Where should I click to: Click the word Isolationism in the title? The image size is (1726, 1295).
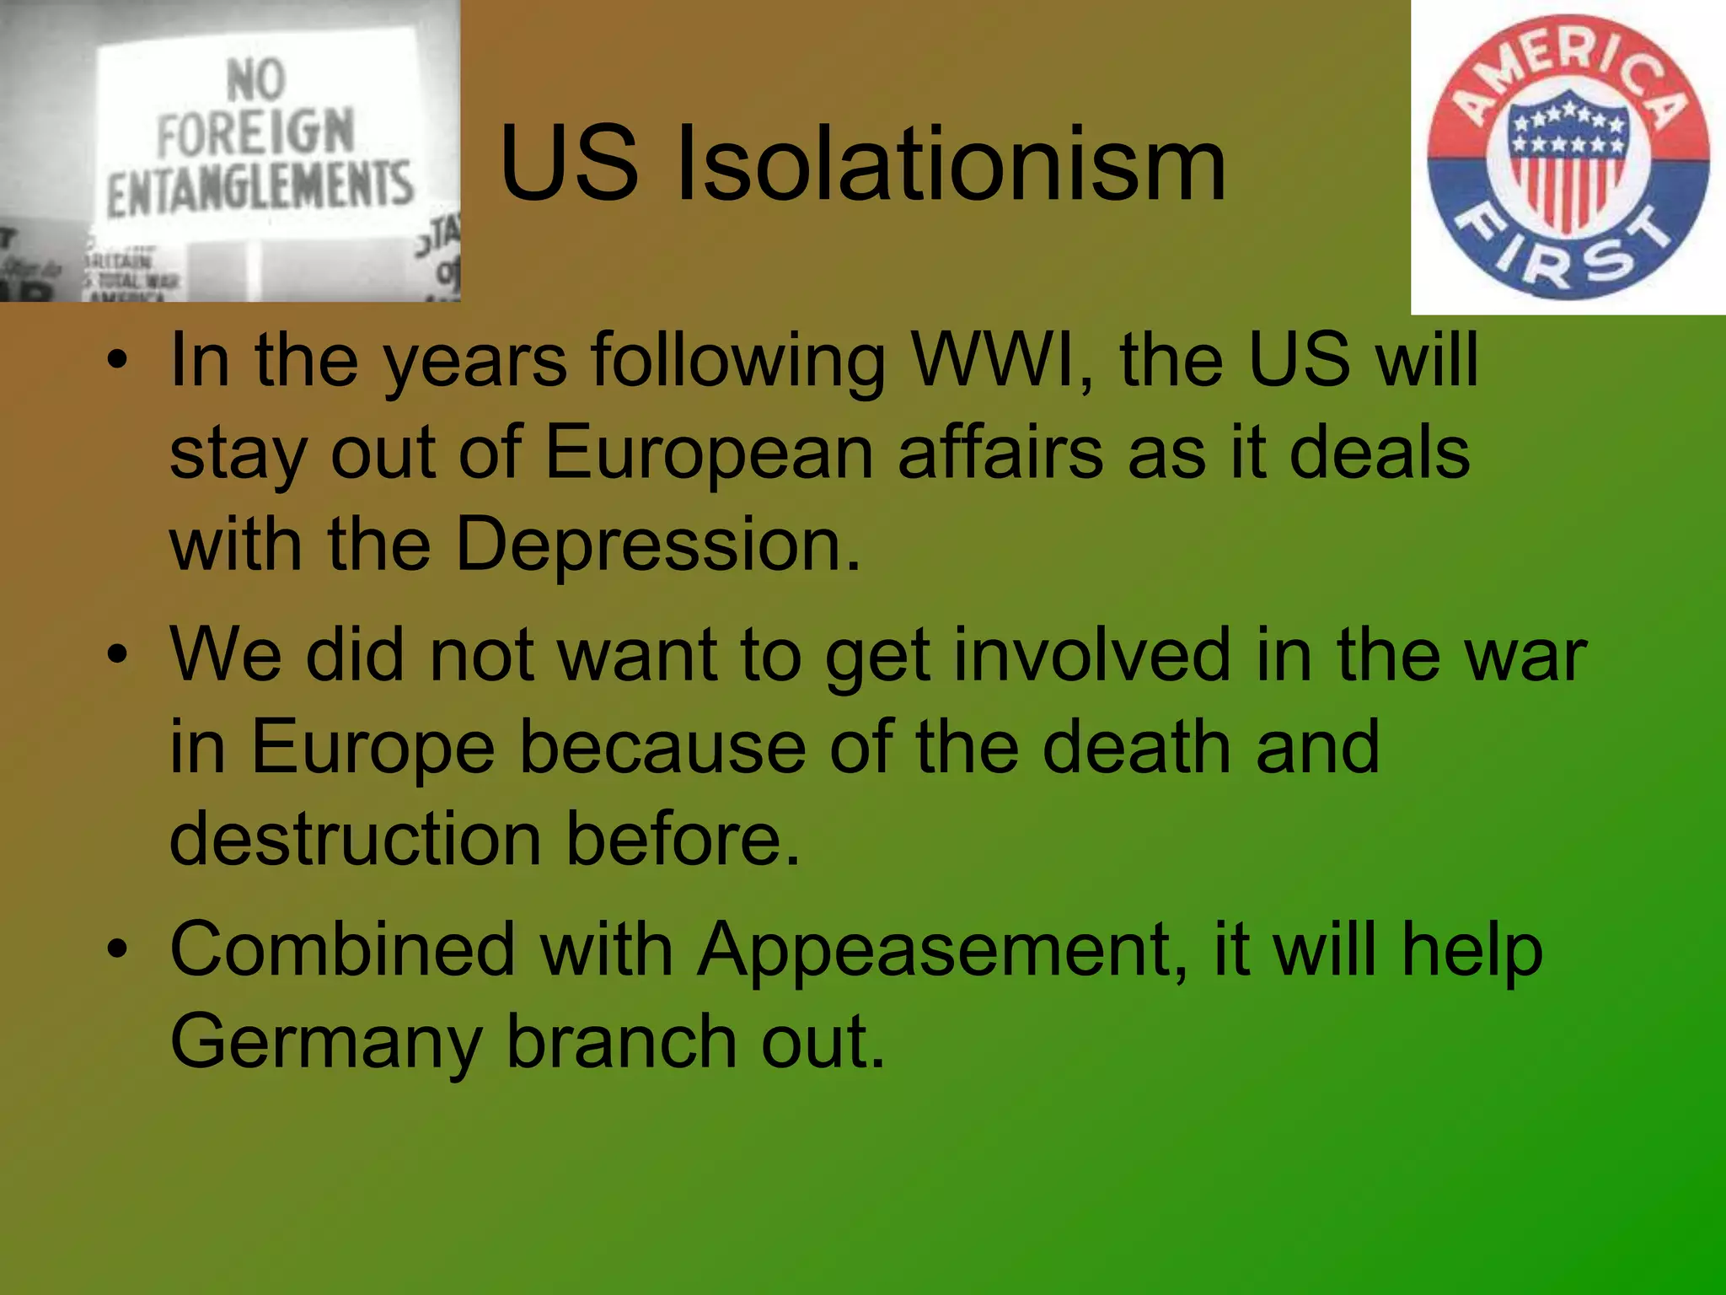tap(951, 164)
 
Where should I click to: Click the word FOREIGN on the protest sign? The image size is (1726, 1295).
tap(255, 132)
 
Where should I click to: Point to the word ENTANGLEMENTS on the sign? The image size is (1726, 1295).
tap(260, 188)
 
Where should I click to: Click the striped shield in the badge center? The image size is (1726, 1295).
tap(1568, 164)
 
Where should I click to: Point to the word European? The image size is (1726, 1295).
tap(709, 453)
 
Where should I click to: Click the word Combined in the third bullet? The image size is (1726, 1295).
tap(342, 949)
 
